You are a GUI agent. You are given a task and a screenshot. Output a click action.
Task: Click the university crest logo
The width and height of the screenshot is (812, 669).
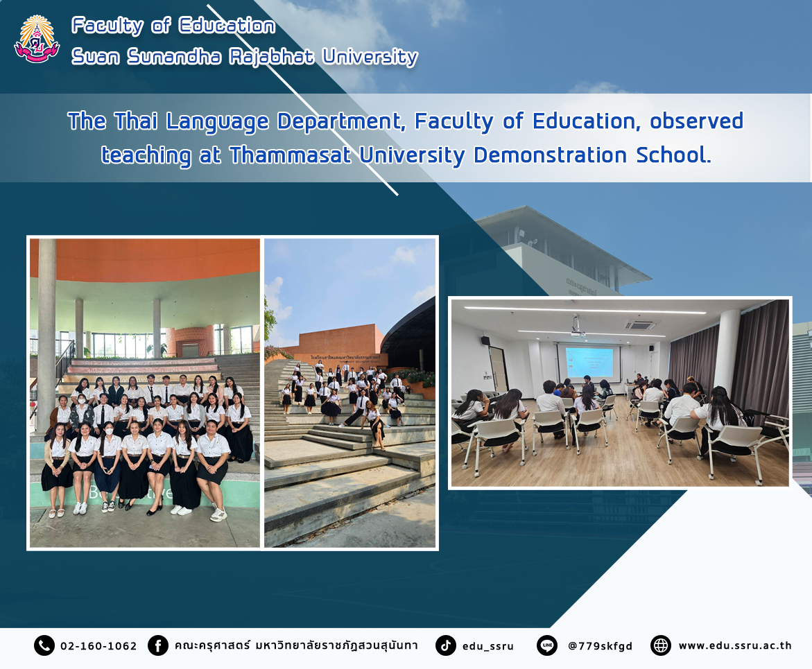click(37, 40)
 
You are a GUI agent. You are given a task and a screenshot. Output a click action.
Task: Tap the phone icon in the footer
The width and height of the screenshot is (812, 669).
click(44, 645)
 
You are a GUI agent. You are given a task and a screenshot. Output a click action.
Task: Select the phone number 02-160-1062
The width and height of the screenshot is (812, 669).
click(98, 646)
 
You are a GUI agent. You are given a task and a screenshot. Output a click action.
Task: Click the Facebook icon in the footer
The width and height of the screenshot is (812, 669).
click(158, 645)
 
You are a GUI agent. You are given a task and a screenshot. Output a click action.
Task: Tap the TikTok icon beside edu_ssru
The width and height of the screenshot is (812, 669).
click(445, 645)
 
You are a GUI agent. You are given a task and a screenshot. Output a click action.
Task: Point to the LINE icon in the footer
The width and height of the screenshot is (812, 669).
click(547, 645)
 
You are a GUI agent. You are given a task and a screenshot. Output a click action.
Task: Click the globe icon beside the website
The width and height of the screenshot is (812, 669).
click(660, 645)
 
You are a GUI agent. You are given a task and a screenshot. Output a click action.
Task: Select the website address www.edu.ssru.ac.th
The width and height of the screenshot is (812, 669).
click(735, 645)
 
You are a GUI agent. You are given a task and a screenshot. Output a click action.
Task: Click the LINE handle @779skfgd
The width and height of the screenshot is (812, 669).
click(601, 646)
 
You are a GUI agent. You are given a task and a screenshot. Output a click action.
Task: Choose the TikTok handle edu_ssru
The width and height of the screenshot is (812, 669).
click(487, 646)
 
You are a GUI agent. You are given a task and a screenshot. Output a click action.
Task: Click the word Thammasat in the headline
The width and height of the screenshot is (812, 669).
click(291, 155)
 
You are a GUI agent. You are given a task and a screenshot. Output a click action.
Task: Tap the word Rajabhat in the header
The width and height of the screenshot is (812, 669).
click(271, 56)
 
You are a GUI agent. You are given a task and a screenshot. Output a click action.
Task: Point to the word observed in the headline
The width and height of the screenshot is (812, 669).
click(696, 121)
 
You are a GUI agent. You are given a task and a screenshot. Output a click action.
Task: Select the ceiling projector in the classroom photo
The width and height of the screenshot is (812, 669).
click(577, 327)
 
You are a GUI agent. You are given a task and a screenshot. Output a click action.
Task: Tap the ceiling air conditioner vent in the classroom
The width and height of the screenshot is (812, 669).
click(640, 325)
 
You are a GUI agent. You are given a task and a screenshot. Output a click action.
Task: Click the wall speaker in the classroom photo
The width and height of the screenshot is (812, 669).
click(485, 340)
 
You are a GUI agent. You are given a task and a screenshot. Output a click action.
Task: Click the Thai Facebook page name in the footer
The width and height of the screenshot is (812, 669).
click(295, 645)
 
